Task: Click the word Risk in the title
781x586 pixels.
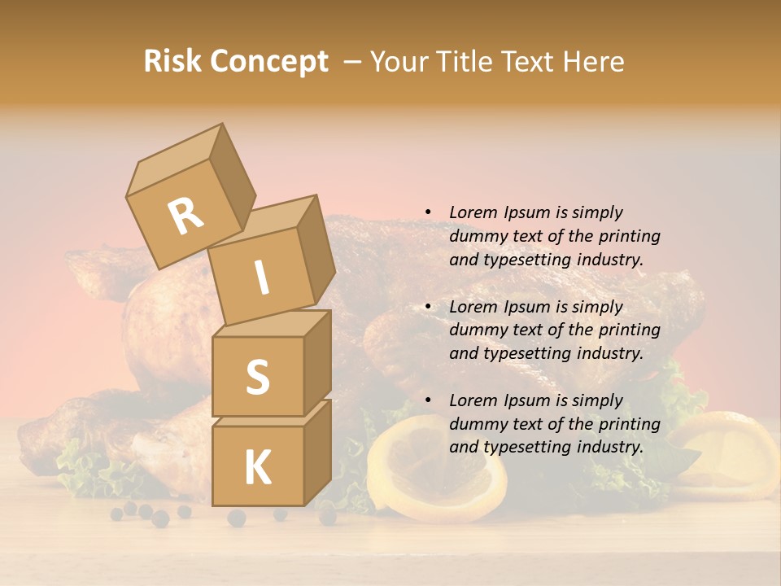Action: click(x=172, y=62)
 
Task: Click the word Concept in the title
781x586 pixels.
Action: click(x=268, y=62)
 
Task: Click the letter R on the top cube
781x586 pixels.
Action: click(x=185, y=216)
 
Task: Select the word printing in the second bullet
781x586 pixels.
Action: click(x=630, y=330)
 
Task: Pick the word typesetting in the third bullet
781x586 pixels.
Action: click(x=522, y=447)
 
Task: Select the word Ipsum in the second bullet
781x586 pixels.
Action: click(x=525, y=307)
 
